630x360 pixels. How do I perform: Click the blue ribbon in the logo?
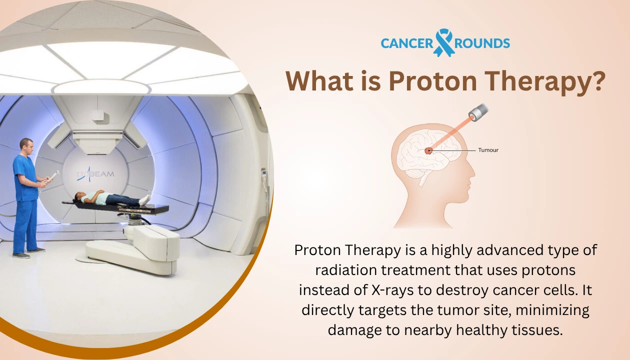pyautogui.click(x=444, y=42)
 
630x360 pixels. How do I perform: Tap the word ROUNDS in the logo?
pyautogui.click(x=482, y=43)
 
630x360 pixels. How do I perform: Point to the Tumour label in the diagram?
pyautogui.click(x=488, y=150)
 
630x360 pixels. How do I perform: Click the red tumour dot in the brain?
pyautogui.click(x=428, y=150)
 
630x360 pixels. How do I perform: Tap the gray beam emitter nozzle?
pyautogui.click(x=477, y=112)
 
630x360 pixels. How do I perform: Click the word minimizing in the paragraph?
pyautogui.click(x=552, y=310)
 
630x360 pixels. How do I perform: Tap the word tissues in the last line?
pyautogui.click(x=538, y=330)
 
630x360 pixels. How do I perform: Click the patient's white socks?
pyautogui.click(x=144, y=199)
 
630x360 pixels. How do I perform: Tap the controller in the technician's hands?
pyautogui.click(x=52, y=175)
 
